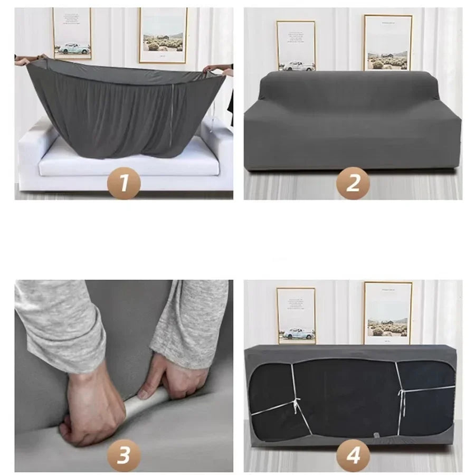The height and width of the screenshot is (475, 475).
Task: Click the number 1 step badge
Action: point(123,183)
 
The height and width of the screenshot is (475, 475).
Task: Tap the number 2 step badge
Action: point(353,183)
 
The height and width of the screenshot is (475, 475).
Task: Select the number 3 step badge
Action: point(123,455)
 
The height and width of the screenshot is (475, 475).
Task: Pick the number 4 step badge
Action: point(353,455)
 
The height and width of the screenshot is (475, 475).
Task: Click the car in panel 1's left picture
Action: point(74,48)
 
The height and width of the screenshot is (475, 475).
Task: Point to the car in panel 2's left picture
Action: point(298,65)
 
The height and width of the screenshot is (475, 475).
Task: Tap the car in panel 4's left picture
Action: point(298,334)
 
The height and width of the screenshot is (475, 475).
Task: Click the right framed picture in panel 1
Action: point(163,35)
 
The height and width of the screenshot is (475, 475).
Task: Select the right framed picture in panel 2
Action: point(387,42)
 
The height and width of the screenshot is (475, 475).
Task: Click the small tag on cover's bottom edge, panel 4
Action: point(376,435)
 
